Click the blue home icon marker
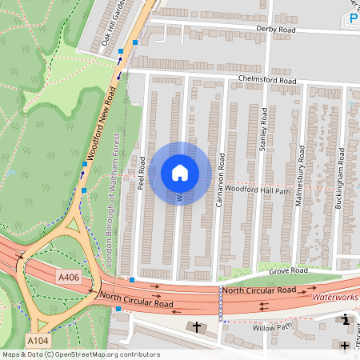(x=180, y=173)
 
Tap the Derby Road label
(x=276, y=29)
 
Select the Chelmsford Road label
(x=267, y=81)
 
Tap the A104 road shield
(x=37, y=340)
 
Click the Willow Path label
(x=269, y=327)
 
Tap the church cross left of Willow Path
(x=197, y=326)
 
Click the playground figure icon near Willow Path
(x=345, y=320)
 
